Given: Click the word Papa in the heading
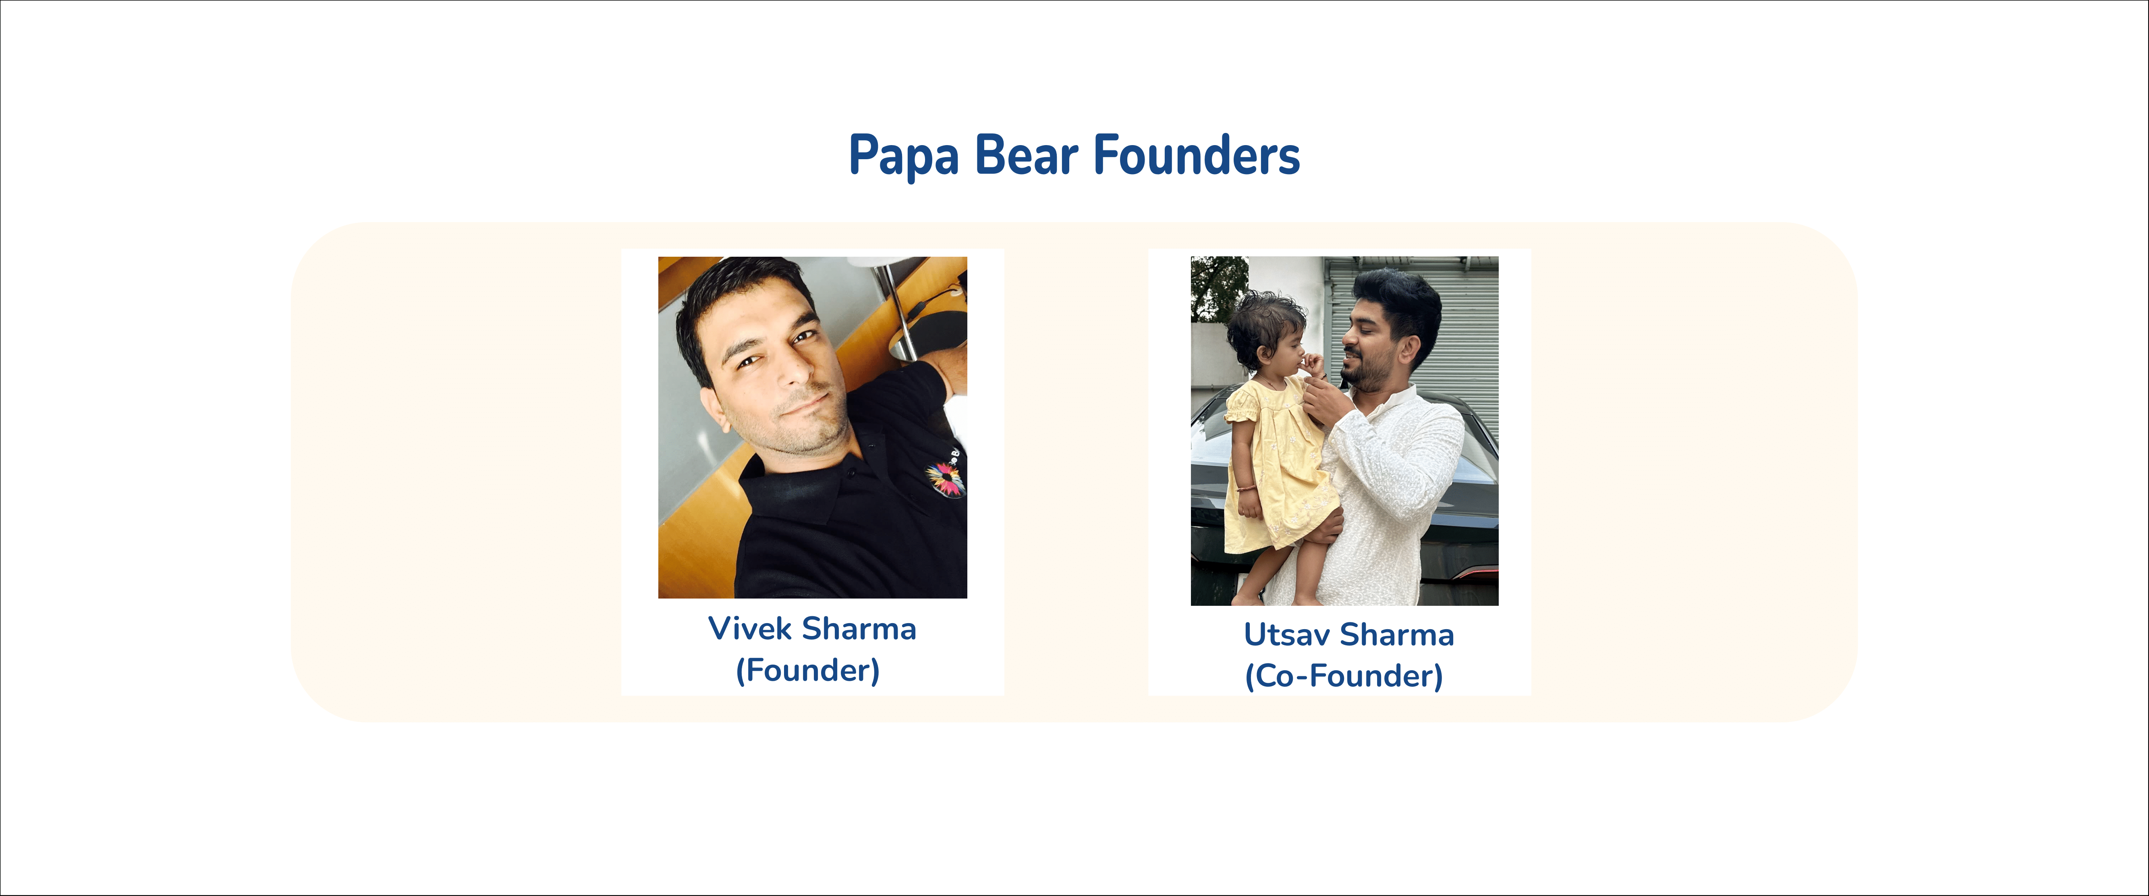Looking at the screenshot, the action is coord(904,156).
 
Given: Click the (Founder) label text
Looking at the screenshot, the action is coord(807,670).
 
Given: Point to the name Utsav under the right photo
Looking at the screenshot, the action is coord(1286,635).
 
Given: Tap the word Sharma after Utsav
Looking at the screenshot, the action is coord(1397,635).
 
